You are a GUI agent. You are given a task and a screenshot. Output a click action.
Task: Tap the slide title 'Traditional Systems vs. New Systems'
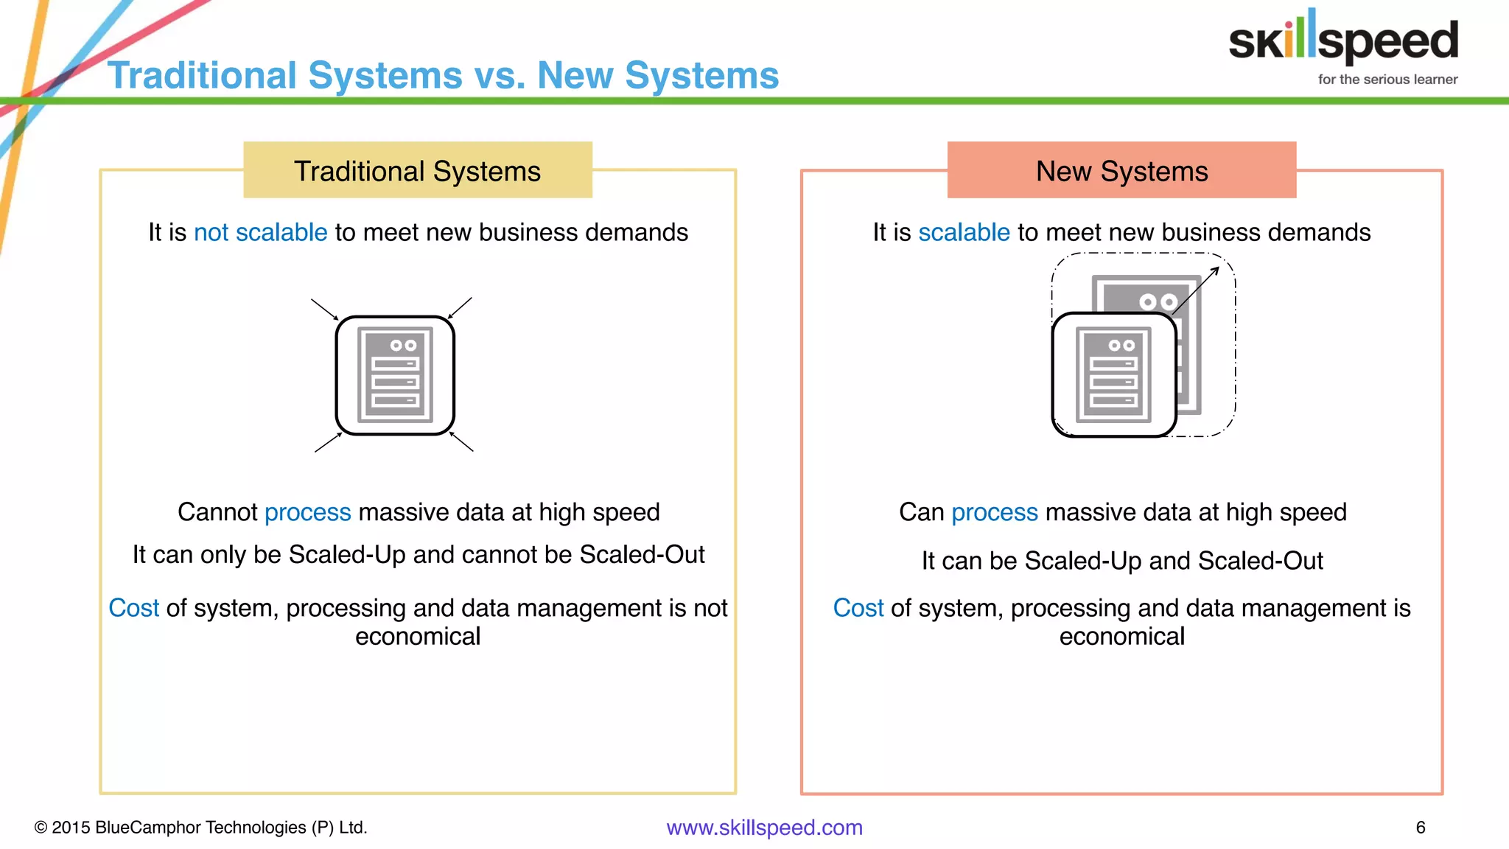(443, 75)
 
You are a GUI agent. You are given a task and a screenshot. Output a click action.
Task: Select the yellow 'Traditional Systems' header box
(417, 170)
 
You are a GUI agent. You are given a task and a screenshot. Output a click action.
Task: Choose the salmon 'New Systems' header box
(1121, 170)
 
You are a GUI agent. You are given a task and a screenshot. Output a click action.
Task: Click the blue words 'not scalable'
(260, 232)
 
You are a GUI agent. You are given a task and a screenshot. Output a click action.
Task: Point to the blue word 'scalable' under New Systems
(964, 232)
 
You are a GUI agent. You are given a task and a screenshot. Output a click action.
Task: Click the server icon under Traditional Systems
(395, 375)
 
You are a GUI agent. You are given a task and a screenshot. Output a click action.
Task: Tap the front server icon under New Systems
(1113, 374)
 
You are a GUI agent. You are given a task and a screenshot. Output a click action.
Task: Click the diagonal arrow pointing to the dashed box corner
(1195, 290)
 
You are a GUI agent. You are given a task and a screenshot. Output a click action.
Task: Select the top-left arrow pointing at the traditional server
(324, 310)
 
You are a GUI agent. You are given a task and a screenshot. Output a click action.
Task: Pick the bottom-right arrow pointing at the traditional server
(462, 441)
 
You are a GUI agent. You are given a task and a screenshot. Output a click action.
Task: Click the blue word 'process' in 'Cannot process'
(307, 512)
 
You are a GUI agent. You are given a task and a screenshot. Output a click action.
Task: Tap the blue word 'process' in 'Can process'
(994, 512)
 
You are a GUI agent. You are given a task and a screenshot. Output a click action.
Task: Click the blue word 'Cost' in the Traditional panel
(133, 608)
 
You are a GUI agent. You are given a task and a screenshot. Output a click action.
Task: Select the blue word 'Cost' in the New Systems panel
(858, 608)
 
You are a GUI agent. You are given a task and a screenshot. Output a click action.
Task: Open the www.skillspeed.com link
(764, 828)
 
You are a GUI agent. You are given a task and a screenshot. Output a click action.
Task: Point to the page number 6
(1421, 828)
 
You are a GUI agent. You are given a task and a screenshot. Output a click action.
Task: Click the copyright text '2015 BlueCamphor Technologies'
(200, 828)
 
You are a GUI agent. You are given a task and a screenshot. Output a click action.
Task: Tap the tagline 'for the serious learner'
(1387, 80)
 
